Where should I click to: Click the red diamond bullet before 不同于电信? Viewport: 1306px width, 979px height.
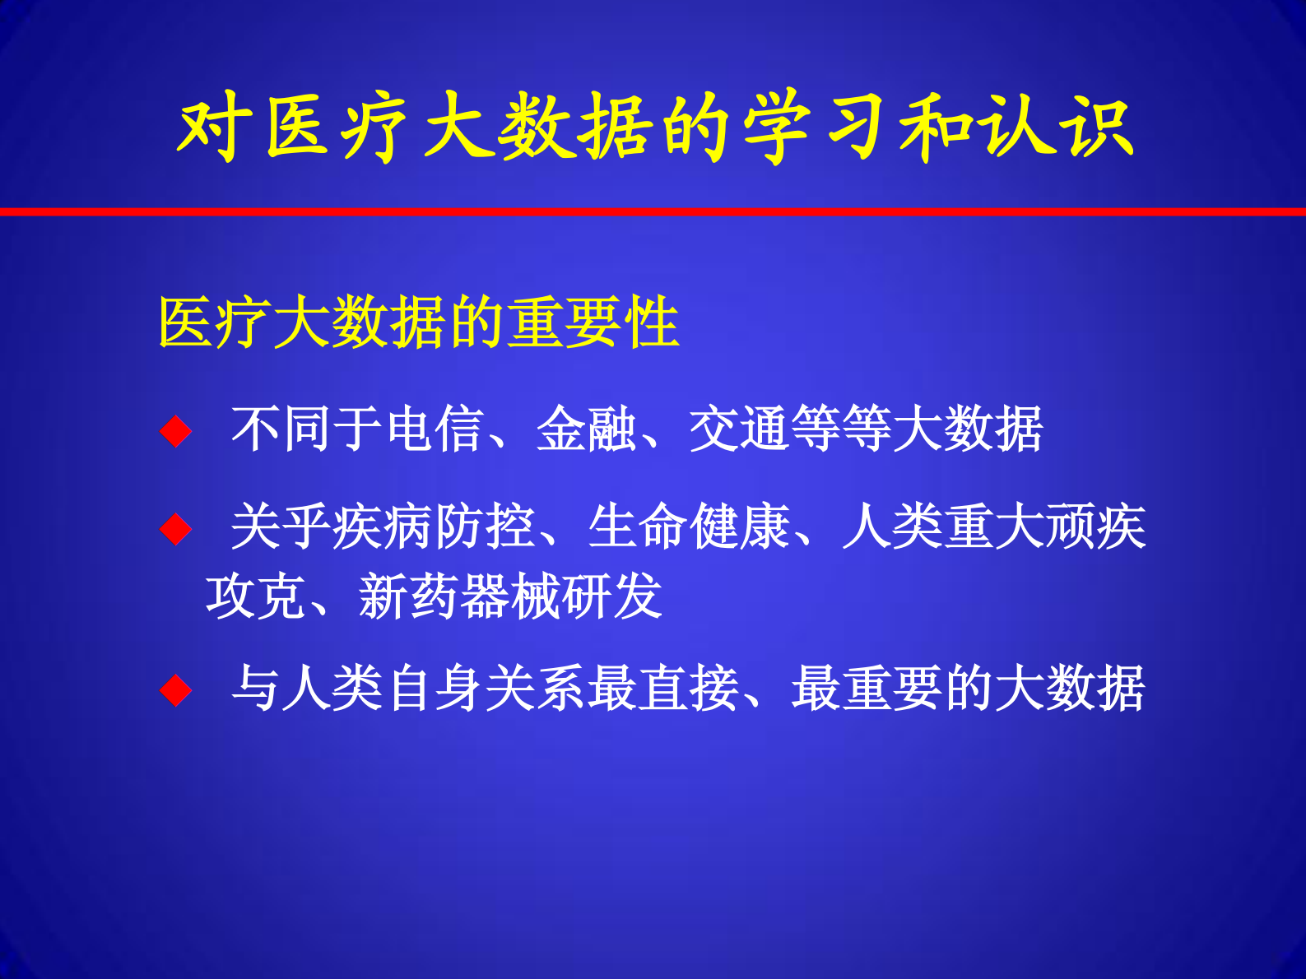click(x=175, y=431)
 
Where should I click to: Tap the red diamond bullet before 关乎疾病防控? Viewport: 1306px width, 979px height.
click(x=175, y=529)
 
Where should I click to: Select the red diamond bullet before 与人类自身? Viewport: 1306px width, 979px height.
click(x=175, y=690)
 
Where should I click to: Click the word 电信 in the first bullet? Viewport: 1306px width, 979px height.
click(x=435, y=429)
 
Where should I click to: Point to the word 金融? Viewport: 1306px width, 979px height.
click(x=587, y=429)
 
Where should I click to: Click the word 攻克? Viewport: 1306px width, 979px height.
click(x=256, y=596)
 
